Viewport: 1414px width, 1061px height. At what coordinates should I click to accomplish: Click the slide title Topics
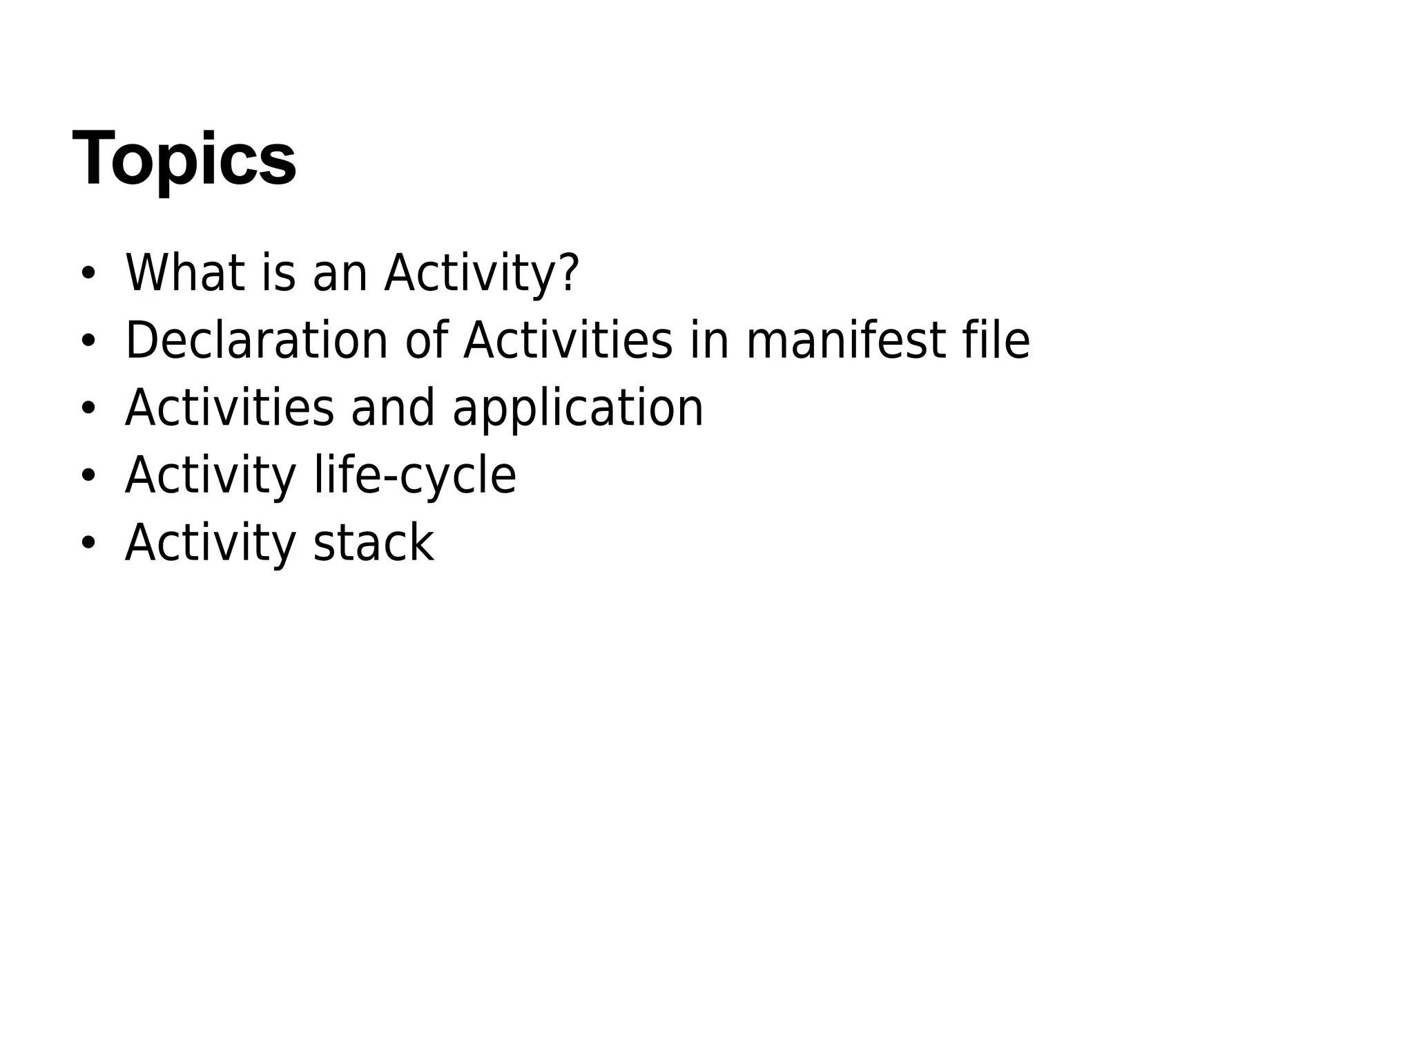tap(184, 159)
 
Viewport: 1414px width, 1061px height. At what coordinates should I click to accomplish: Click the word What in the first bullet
tap(184, 273)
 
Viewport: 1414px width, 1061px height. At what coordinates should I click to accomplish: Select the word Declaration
tap(257, 341)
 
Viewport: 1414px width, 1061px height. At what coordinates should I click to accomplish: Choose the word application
tap(578, 408)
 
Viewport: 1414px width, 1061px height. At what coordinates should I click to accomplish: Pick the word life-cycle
tap(415, 476)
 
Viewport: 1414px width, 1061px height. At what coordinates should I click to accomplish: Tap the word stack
tap(374, 543)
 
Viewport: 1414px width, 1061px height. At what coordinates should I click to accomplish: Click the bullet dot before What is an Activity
tap(87, 274)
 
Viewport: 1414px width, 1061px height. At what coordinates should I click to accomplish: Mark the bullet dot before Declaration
tap(87, 341)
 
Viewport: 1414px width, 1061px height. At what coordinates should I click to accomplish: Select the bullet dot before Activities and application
tap(87, 408)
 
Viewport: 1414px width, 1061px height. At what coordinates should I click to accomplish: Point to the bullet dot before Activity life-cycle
tap(87, 476)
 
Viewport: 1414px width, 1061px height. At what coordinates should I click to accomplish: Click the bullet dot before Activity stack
tap(87, 543)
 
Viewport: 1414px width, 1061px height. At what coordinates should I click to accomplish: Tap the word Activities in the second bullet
tap(568, 341)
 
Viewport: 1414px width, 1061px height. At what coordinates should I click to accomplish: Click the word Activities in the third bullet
tap(229, 408)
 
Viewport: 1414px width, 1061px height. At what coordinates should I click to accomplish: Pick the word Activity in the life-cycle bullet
tap(211, 476)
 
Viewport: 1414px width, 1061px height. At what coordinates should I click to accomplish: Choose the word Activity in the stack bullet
tap(211, 543)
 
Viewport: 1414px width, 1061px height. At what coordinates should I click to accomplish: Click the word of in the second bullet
tap(427, 341)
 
